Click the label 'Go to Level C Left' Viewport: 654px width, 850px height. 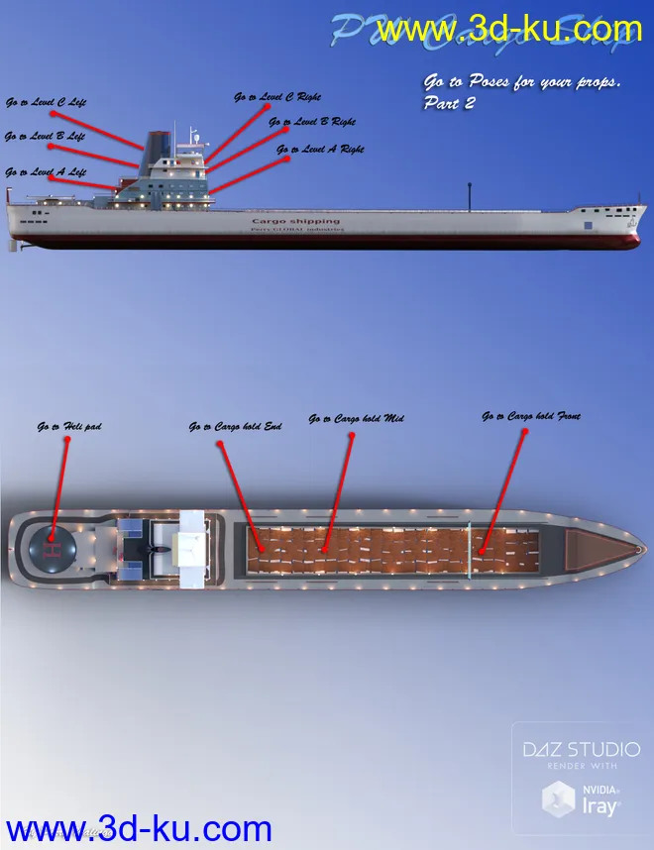coord(46,102)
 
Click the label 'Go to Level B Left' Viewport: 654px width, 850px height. coord(45,137)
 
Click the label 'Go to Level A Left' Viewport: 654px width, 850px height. coord(46,172)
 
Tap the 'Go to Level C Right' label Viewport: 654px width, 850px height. coord(276,98)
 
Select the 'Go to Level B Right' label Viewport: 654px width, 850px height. coord(311,122)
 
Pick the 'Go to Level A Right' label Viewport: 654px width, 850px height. coord(320,150)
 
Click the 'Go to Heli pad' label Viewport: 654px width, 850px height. coord(69,427)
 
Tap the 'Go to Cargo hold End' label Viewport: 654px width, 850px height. coord(235,427)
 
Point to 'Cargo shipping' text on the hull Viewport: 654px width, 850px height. coord(295,221)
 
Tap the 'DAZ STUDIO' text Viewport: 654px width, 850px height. coord(582,750)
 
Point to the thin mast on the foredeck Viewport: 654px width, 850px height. coord(467,196)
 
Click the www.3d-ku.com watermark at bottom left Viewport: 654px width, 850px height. coord(139,829)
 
